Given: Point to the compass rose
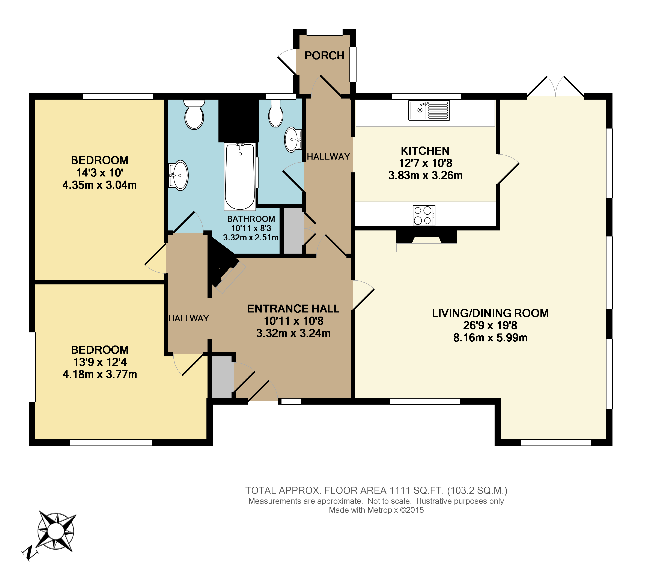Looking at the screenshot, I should (56, 531).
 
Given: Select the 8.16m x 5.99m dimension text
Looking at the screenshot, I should (490, 338).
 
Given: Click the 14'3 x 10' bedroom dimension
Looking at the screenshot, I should (99, 173).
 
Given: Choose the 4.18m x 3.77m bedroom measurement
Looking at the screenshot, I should (99, 374).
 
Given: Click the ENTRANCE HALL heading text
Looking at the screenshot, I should (293, 309).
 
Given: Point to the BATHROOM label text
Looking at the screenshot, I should (251, 219).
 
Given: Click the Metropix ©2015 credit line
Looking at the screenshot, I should (376, 510).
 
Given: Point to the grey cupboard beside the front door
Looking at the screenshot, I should (222, 377).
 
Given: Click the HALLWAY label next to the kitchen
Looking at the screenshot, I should (328, 157).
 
